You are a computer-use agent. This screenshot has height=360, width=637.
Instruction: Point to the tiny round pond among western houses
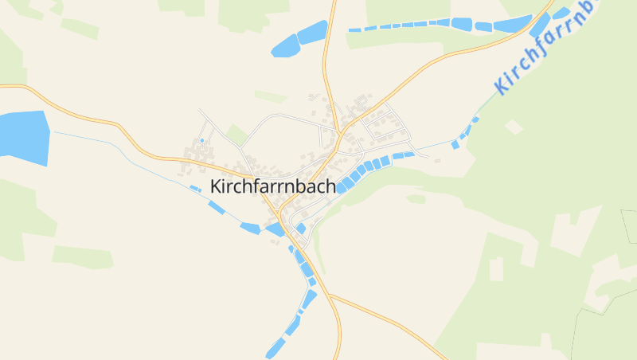pyautogui.click(x=202, y=141)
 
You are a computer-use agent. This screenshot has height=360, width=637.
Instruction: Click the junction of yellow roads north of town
pyautogui.click(x=340, y=132)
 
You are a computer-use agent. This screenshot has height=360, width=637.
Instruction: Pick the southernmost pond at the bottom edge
pyautogui.click(x=275, y=349)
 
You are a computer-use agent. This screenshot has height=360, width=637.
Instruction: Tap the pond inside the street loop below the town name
pyautogui.click(x=301, y=229)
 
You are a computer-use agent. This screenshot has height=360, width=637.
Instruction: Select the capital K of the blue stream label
pyautogui.click(x=501, y=86)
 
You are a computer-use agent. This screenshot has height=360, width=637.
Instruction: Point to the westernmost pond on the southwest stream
pyautogui.click(x=195, y=189)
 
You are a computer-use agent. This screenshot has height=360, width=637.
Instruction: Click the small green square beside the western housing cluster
pyautogui.click(x=236, y=134)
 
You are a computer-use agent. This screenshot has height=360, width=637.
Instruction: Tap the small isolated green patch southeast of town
pyautogui.click(x=416, y=199)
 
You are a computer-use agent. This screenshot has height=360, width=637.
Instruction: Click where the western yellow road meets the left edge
pyautogui.click(x=2, y=84)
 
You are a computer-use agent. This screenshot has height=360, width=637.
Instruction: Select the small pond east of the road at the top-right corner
pyautogui.click(x=561, y=13)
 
